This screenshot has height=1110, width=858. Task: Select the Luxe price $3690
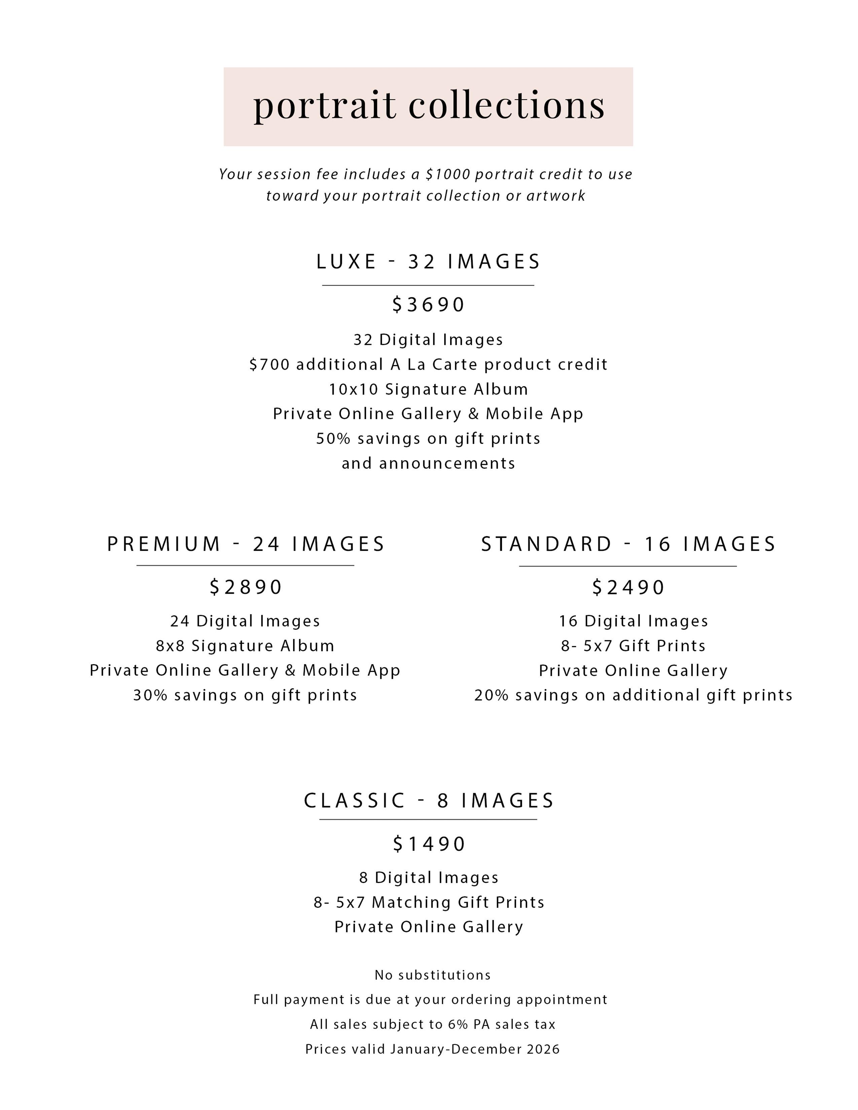coord(428,304)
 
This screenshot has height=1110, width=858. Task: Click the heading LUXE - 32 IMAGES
coord(428,262)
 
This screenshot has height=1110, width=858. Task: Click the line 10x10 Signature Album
coord(428,389)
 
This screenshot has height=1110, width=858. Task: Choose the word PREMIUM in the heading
coord(164,544)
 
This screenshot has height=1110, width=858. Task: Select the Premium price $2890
coord(246,587)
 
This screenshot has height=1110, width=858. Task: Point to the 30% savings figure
coord(150,695)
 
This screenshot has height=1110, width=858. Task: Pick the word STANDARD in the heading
coord(546,544)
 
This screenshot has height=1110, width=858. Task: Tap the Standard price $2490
coord(628,588)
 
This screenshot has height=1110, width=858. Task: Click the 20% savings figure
coord(492,695)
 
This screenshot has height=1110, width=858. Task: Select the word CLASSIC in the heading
coord(354,801)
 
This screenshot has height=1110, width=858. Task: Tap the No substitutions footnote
coord(433,975)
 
